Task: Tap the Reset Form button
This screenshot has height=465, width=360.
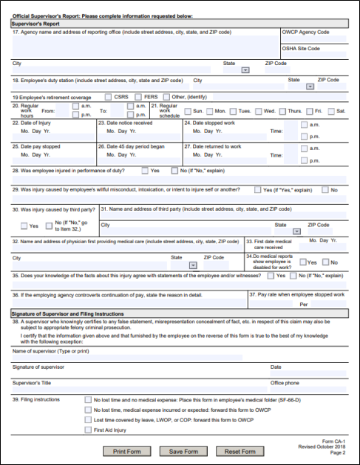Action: click(x=239, y=451)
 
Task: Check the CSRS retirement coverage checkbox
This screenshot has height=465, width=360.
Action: click(x=109, y=96)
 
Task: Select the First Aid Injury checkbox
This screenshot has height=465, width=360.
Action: click(x=87, y=430)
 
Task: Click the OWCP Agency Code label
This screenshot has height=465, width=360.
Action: click(x=305, y=33)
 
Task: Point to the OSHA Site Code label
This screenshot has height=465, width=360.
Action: click(x=302, y=48)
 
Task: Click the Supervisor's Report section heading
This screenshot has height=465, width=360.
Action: click(x=39, y=24)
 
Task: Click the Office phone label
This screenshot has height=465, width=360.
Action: click(x=286, y=382)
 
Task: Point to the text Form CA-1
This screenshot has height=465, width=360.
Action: click(x=335, y=441)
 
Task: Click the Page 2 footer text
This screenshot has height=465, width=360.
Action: click(x=339, y=454)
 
